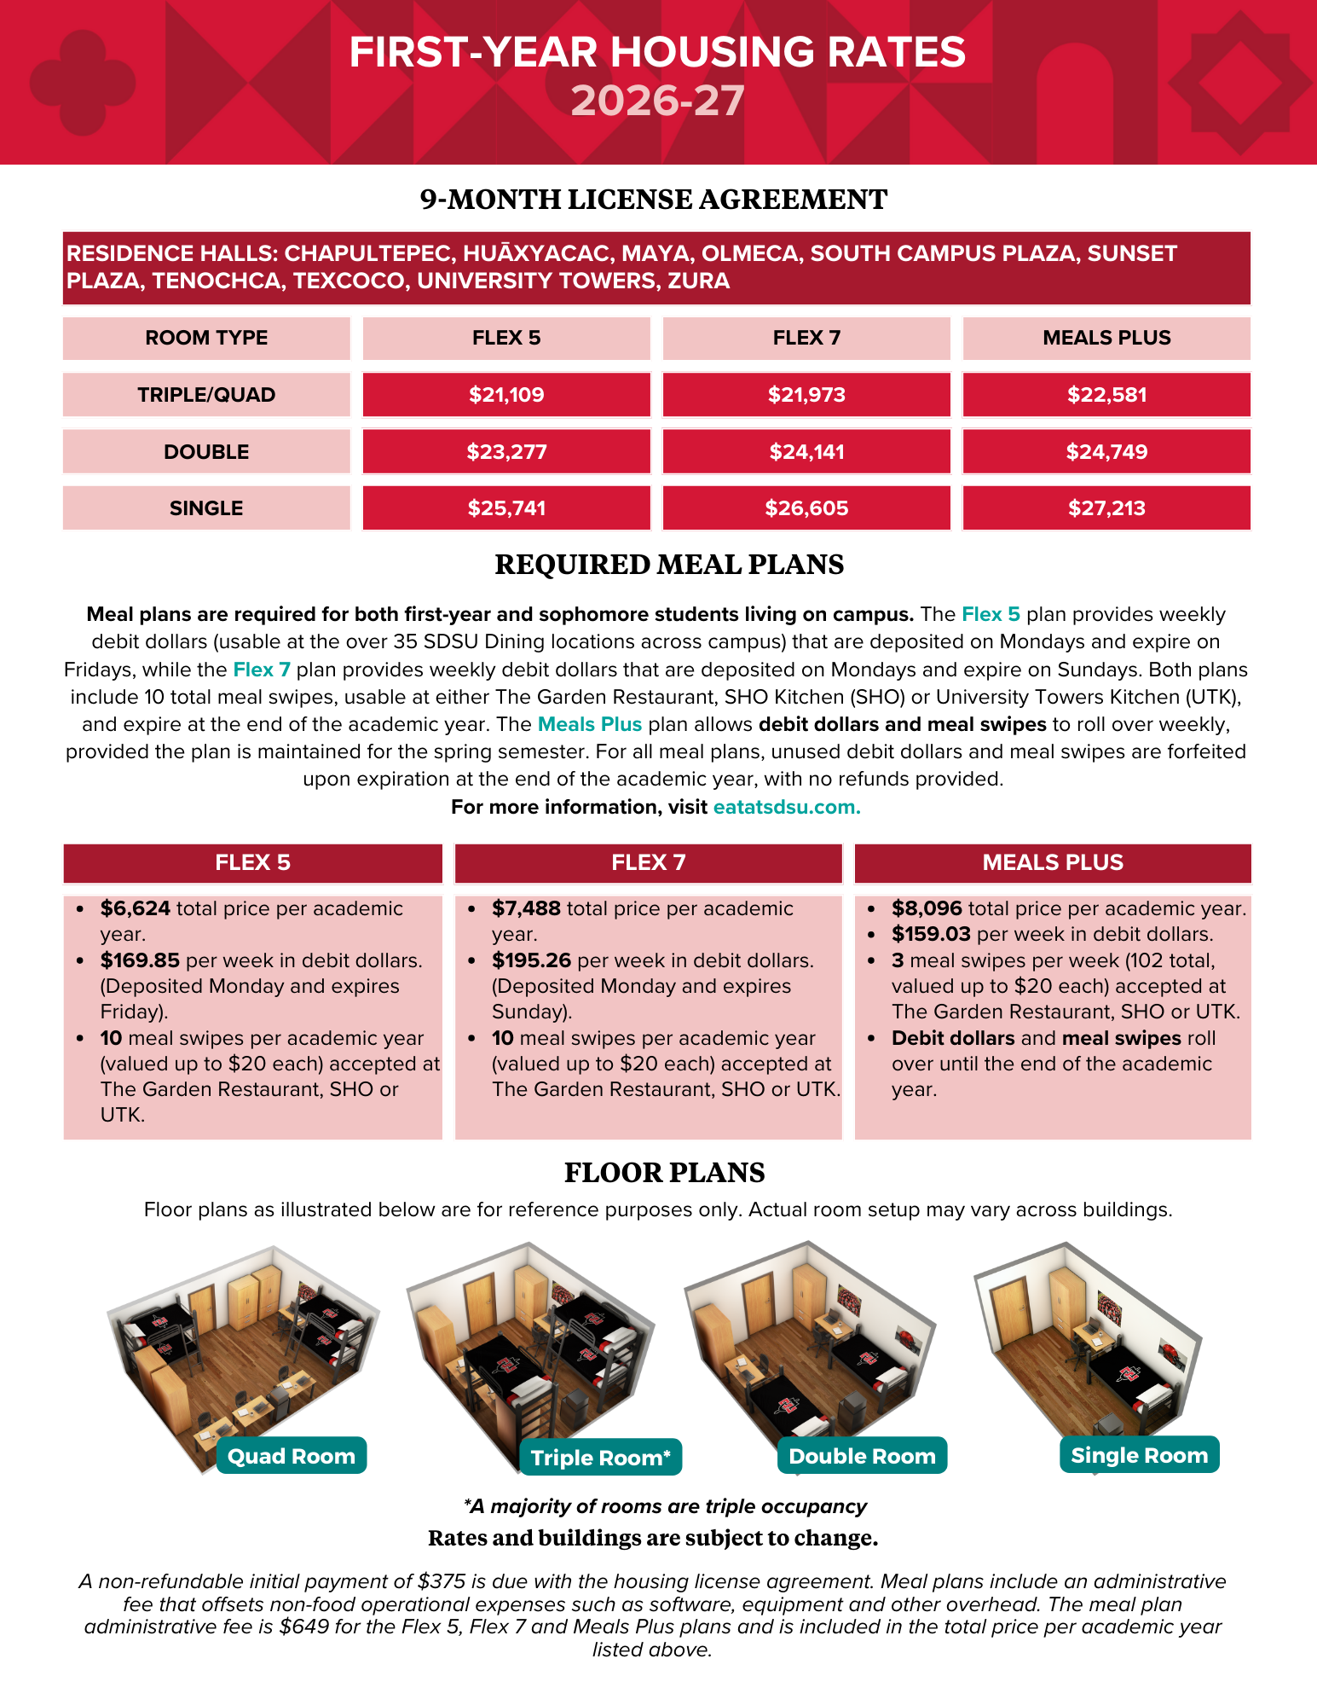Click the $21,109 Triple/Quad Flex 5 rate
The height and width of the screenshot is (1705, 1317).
506,395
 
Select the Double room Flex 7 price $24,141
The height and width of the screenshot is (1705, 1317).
806,452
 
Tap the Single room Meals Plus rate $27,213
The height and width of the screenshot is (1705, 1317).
1106,508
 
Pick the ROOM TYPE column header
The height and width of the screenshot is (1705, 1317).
206,338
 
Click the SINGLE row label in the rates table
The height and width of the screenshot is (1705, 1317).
206,508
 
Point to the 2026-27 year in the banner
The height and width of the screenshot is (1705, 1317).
657,101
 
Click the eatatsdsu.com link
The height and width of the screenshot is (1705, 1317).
787,807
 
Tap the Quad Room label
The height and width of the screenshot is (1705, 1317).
292,1456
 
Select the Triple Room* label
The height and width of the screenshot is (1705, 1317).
601,1458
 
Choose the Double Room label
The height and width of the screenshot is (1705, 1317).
863,1456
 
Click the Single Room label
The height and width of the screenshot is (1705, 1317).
1140,1455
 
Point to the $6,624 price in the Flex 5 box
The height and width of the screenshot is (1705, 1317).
136,908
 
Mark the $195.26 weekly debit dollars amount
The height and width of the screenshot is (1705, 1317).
531,960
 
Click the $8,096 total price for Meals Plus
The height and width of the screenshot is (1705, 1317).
927,908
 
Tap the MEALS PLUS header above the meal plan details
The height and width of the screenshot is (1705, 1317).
1053,862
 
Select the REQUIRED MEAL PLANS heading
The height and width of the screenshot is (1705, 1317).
669,565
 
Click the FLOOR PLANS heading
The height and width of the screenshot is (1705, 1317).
665,1173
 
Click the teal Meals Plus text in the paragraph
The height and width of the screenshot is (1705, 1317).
590,724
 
